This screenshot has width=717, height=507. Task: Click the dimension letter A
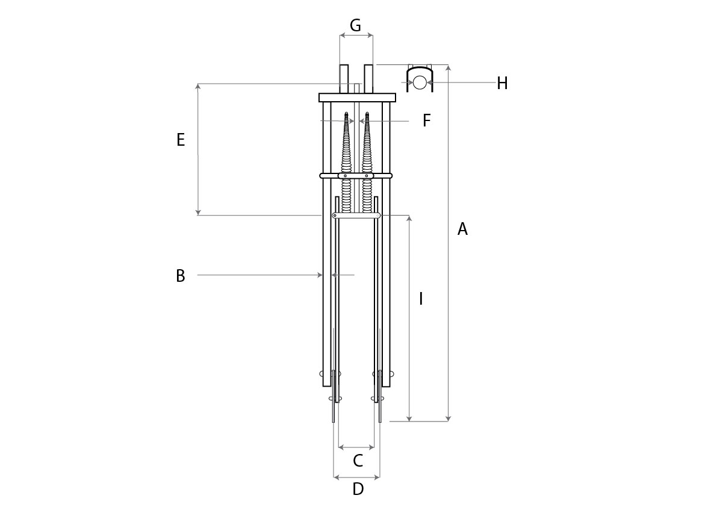(x=462, y=229)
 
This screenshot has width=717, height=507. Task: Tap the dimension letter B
(x=181, y=276)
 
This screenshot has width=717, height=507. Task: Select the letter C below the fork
(x=358, y=461)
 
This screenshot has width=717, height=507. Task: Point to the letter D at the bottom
(x=358, y=489)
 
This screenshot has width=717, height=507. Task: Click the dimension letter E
(x=181, y=140)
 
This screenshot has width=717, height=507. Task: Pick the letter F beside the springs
(x=426, y=120)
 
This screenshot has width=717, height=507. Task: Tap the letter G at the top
(x=355, y=25)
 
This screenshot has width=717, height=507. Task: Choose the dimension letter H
(x=502, y=83)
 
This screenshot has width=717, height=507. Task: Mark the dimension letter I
(x=421, y=299)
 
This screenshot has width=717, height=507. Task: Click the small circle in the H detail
(x=420, y=82)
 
